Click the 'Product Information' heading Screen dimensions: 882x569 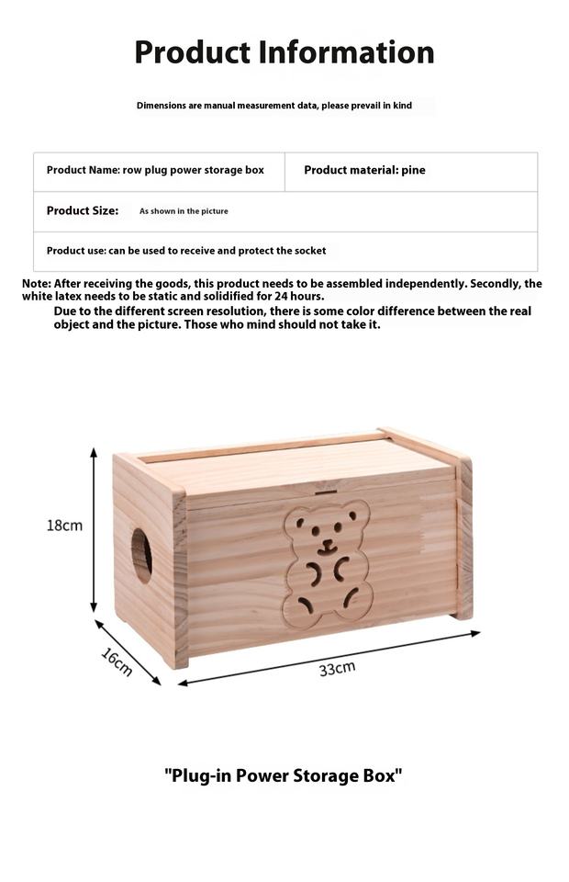[x=284, y=52]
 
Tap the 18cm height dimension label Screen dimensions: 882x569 [x=64, y=526]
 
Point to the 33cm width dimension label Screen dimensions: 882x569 [x=337, y=668]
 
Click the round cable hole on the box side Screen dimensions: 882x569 [x=142, y=553]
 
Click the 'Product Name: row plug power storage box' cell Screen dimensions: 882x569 [x=155, y=170]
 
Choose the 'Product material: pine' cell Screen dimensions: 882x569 [x=364, y=170]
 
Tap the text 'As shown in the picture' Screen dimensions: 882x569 [x=184, y=211]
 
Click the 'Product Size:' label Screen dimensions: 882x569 [x=83, y=210]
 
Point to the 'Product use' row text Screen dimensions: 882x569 [x=186, y=250]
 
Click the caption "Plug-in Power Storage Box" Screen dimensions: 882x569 [x=284, y=775]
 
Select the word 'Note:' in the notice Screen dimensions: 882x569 [x=37, y=284]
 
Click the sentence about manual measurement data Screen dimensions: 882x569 [x=274, y=106]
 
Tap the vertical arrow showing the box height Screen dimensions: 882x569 [x=94, y=530]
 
